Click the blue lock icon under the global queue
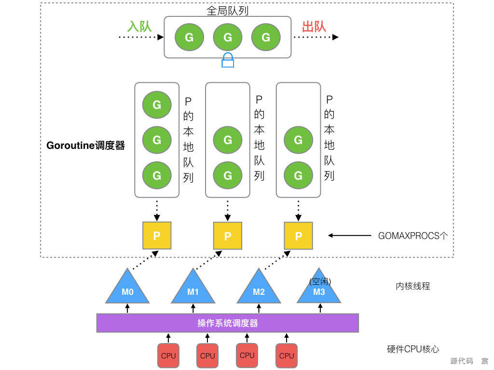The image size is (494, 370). tap(228, 60)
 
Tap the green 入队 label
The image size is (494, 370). tap(139, 26)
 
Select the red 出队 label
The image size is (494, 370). tap(314, 26)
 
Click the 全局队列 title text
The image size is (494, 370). tap(228, 10)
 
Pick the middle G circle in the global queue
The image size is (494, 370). tap(228, 37)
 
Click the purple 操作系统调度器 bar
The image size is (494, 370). tap(228, 323)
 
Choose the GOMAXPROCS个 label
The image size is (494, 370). tap(413, 236)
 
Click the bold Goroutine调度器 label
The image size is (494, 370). tap(85, 145)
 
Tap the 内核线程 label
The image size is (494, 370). tap(412, 286)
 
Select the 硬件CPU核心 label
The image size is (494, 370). tap(413, 349)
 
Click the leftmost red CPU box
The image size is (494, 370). tap(168, 356)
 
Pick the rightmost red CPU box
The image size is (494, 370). tap(287, 356)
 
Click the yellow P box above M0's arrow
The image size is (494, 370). tap(157, 236)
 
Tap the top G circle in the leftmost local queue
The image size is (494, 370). tap(157, 105)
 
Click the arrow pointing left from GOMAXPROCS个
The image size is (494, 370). tap(349, 236)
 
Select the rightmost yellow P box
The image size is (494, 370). tap(298, 236)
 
